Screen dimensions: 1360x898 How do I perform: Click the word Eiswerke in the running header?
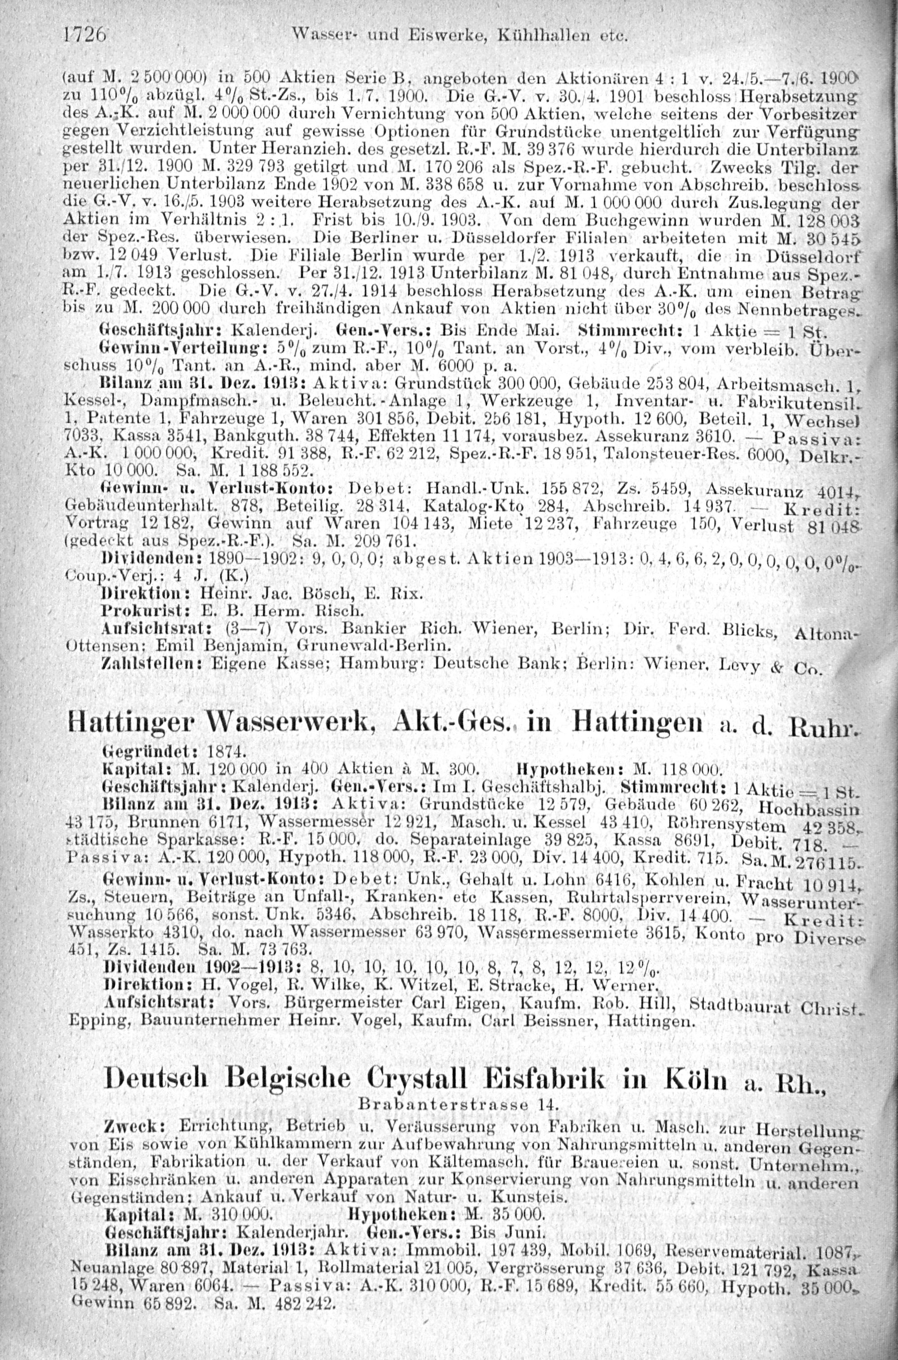pyautogui.click(x=405, y=37)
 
